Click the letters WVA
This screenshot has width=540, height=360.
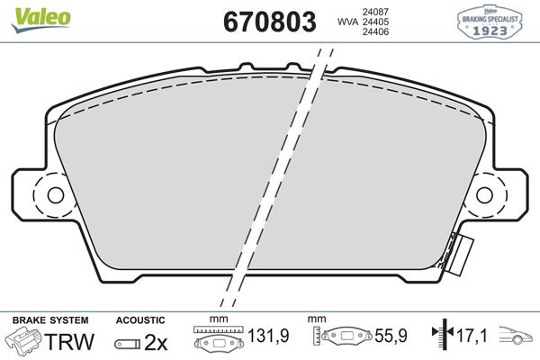click(x=346, y=23)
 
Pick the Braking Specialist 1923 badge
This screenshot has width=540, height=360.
click(x=490, y=19)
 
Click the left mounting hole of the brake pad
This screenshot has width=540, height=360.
click(x=53, y=195)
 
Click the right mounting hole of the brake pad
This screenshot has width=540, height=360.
click(x=486, y=195)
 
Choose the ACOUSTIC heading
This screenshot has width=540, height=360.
click(x=140, y=319)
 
